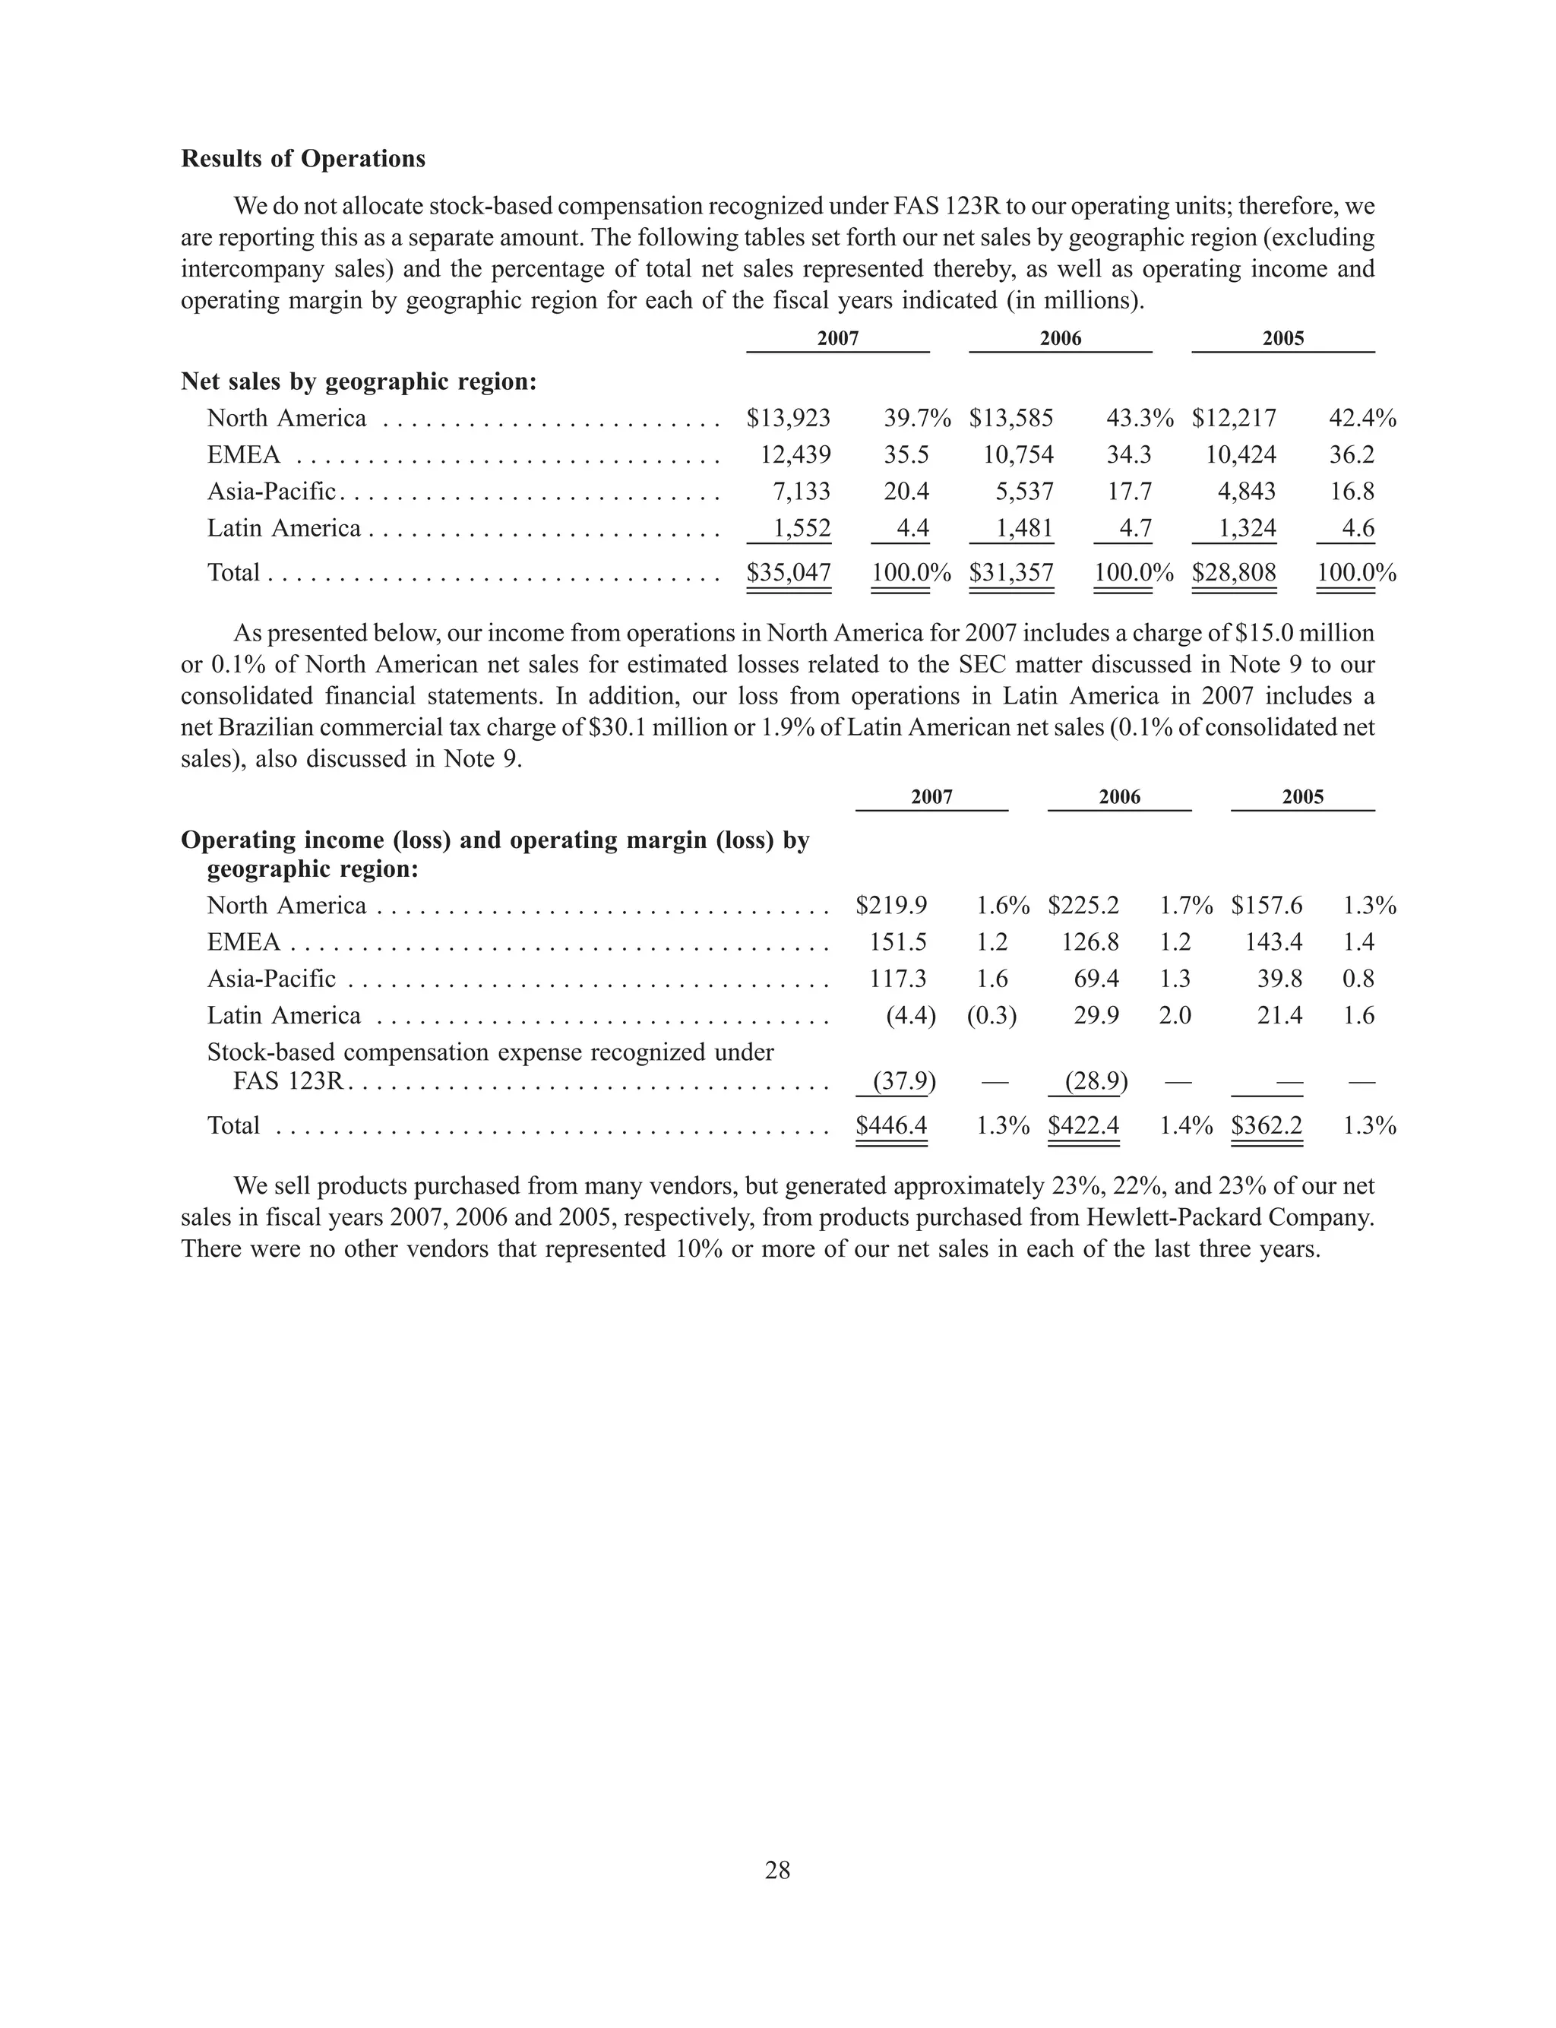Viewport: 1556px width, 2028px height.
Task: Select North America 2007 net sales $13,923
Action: pos(788,419)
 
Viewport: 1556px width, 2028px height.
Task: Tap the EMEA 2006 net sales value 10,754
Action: pos(1018,454)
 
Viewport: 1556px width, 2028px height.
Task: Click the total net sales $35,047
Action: pos(788,572)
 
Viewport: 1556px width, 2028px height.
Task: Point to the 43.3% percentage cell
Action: pos(1139,419)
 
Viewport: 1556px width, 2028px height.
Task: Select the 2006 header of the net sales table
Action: pos(1061,339)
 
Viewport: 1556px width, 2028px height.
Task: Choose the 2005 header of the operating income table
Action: pos(1302,797)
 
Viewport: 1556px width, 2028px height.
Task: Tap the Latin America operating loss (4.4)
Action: pos(910,1016)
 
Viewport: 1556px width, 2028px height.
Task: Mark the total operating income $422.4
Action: pos(1083,1126)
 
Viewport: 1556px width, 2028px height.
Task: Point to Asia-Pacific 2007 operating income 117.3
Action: pos(897,979)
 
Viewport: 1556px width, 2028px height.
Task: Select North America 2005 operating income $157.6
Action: pos(1266,906)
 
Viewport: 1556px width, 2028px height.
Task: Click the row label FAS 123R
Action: pos(288,1080)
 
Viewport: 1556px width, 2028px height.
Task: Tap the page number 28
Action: pos(777,1871)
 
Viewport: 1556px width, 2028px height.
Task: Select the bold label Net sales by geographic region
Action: pos(359,382)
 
